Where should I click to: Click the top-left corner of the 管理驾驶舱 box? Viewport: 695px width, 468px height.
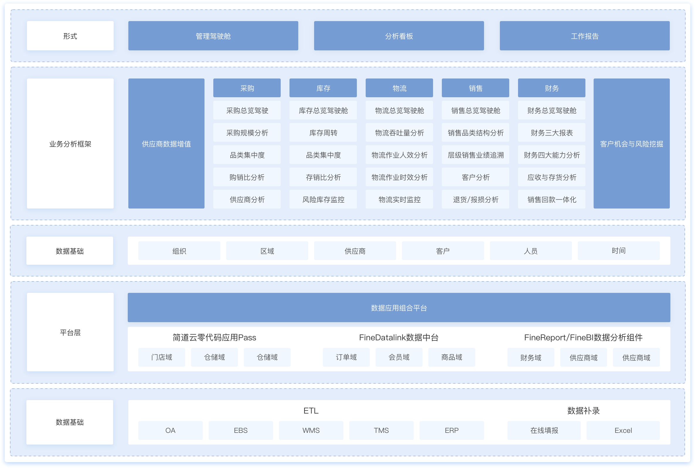click(128, 21)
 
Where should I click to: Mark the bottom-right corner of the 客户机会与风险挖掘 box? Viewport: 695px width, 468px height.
click(670, 208)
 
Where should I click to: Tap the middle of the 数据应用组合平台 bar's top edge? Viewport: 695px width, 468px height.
click(399, 293)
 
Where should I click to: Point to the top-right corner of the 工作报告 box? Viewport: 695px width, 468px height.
click(670, 21)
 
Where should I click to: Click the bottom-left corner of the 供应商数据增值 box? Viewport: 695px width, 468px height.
click(128, 208)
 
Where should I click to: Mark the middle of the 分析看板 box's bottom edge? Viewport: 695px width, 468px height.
click(399, 50)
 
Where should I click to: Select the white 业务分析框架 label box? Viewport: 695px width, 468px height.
click(70, 143)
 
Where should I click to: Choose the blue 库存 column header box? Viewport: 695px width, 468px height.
click(323, 88)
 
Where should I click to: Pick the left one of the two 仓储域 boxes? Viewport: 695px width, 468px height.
click(214, 357)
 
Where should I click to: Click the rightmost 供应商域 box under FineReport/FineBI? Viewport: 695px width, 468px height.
click(636, 357)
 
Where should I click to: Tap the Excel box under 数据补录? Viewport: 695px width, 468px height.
click(623, 431)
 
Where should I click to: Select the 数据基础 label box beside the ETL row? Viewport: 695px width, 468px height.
click(69, 422)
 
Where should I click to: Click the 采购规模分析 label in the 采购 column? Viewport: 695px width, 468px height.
click(247, 133)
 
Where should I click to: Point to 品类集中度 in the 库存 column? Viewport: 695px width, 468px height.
click(323, 155)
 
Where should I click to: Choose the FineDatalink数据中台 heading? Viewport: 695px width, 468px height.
click(399, 338)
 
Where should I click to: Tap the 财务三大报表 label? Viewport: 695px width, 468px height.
click(552, 133)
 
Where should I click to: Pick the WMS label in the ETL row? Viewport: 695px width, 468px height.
click(311, 431)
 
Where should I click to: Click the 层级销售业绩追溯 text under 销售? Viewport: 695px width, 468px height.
click(476, 155)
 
